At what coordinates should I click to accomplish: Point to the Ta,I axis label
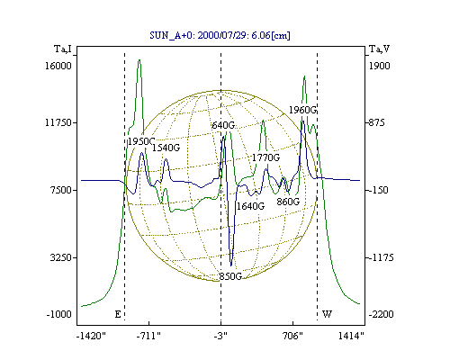63,49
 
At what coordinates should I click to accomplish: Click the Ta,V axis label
379,49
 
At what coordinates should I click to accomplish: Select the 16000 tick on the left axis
58,66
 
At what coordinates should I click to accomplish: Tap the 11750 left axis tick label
58,122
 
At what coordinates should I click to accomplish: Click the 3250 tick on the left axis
61,257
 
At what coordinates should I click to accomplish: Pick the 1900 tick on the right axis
379,66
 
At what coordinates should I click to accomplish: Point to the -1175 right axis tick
380,257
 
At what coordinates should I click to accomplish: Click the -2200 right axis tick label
381,314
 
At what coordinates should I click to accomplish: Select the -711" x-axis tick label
148,336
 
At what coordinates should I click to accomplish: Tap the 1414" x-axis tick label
351,336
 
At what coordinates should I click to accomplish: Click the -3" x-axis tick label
220,336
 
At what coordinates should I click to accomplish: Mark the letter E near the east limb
118,314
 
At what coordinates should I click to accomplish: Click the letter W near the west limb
327,314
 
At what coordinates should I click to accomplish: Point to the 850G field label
230,276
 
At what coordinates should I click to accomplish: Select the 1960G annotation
302,110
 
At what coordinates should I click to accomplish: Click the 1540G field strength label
166,148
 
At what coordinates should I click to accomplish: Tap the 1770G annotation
265,157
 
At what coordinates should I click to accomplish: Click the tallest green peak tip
139,59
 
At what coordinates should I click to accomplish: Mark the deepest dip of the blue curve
231,265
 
